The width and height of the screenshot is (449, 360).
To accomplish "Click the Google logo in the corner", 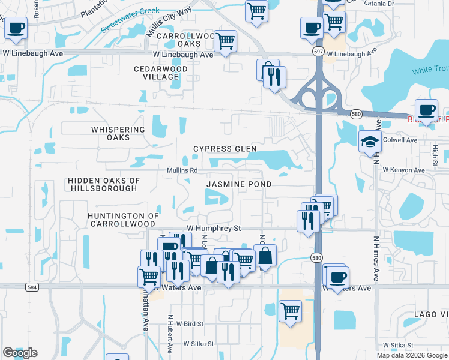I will pyautogui.click(x=20, y=353).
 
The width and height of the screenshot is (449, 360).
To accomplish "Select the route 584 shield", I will pyautogui.click(x=33, y=287).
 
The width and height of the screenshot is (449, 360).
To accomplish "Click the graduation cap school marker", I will pyautogui.click(x=370, y=143).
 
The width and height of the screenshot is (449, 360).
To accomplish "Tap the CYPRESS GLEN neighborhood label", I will pyautogui.click(x=224, y=149).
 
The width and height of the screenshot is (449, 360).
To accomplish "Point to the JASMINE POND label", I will pyautogui.click(x=239, y=184).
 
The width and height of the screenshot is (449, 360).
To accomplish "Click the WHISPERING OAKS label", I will pyautogui.click(x=118, y=133).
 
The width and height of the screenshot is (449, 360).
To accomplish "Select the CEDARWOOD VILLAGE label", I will pyautogui.click(x=161, y=73).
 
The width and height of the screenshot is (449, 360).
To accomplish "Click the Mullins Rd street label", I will pyautogui.click(x=182, y=170).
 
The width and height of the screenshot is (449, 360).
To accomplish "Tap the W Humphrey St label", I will pyautogui.click(x=214, y=229).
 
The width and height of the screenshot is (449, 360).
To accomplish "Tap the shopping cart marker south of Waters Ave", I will pyautogui.click(x=290, y=311).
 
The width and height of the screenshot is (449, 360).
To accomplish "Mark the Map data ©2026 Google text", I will pyautogui.click(x=411, y=355).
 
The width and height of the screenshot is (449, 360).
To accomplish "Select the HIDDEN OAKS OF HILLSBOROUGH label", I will pyautogui.click(x=103, y=184).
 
